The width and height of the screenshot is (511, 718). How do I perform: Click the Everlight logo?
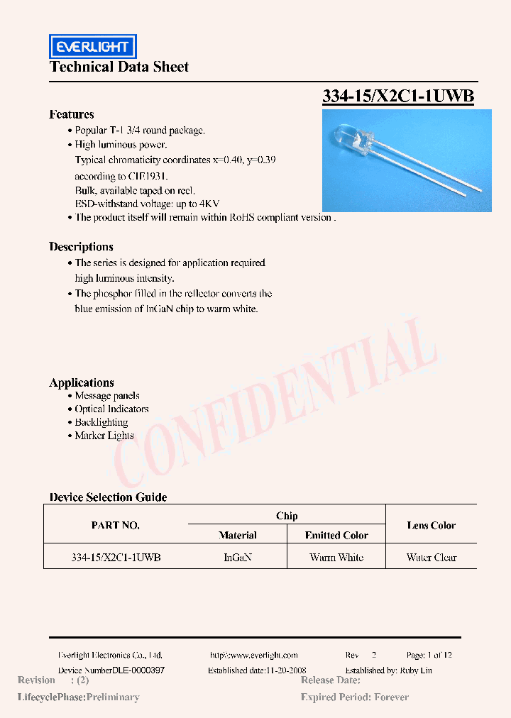pyautogui.click(x=92, y=47)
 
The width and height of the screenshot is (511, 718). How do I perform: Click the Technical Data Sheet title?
pyautogui.click(x=119, y=67)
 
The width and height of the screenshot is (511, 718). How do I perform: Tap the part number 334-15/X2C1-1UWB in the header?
pyautogui.click(x=397, y=96)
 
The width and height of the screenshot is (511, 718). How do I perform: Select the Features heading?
pyautogui.click(x=71, y=114)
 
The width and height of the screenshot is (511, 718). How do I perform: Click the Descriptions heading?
pyautogui.click(x=81, y=247)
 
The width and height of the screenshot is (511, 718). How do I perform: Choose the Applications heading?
pyautogui.click(x=82, y=382)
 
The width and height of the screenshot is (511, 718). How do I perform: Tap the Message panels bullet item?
pyautogui.click(x=106, y=396)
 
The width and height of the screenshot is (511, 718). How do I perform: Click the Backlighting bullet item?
pyautogui.click(x=101, y=422)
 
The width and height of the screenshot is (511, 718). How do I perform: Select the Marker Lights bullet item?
pyautogui.click(x=104, y=436)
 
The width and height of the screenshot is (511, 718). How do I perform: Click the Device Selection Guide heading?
pyautogui.click(x=108, y=497)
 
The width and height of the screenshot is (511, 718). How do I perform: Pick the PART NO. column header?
pyautogui.click(x=116, y=526)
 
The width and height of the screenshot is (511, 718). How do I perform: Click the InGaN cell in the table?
pyautogui.click(x=238, y=558)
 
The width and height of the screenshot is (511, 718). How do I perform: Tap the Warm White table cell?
pyautogui.click(x=336, y=558)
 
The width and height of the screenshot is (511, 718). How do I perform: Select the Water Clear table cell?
pyautogui.click(x=431, y=558)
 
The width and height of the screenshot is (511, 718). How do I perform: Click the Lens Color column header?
pyautogui.click(x=431, y=526)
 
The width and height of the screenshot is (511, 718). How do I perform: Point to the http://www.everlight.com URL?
pyautogui.click(x=254, y=656)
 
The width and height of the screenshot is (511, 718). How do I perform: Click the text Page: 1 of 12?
pyautogui.click(x=429, y=656)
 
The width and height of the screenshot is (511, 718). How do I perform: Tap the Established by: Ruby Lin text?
pyautogui.click(x=388, y=670)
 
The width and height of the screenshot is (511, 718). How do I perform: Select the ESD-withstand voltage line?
pyautogui.click(x=147, y=204)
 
